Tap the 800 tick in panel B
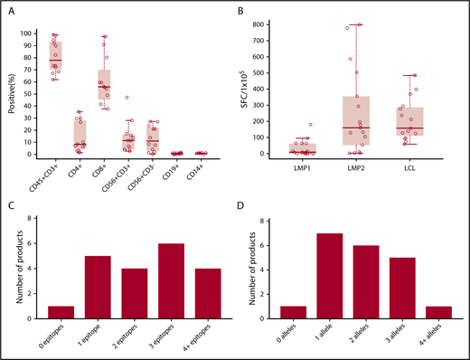[261, 24]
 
